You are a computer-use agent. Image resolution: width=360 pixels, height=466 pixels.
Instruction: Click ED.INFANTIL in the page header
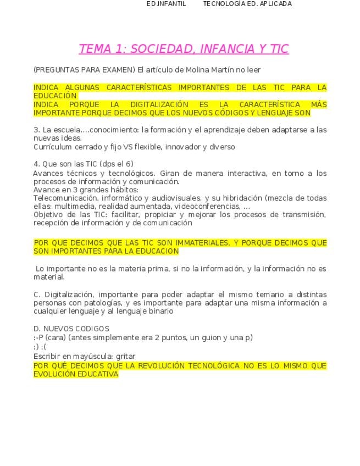click(166, 4)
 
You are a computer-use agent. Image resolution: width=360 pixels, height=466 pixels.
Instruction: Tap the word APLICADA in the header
click(274, 4)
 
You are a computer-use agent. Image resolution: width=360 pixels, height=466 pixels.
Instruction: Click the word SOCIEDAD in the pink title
click(160, 48)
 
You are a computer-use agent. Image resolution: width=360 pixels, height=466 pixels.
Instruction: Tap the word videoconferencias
click(207, 206)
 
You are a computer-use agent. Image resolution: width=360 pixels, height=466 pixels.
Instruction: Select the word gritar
click(126, 356)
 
